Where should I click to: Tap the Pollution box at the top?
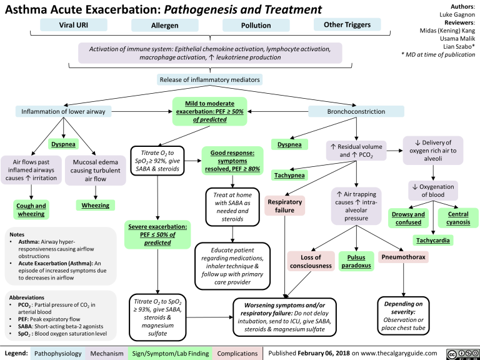tap(256, 26)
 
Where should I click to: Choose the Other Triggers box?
tap(347, 24)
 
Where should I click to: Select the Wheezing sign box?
tap(94, 204)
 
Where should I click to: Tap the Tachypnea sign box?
tap(288, 176)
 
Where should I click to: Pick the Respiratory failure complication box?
tap(284, 207)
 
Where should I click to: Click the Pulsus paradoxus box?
tap(356, 261)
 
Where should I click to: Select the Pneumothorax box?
tap(404, 257)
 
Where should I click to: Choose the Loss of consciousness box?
tap(311, 261)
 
